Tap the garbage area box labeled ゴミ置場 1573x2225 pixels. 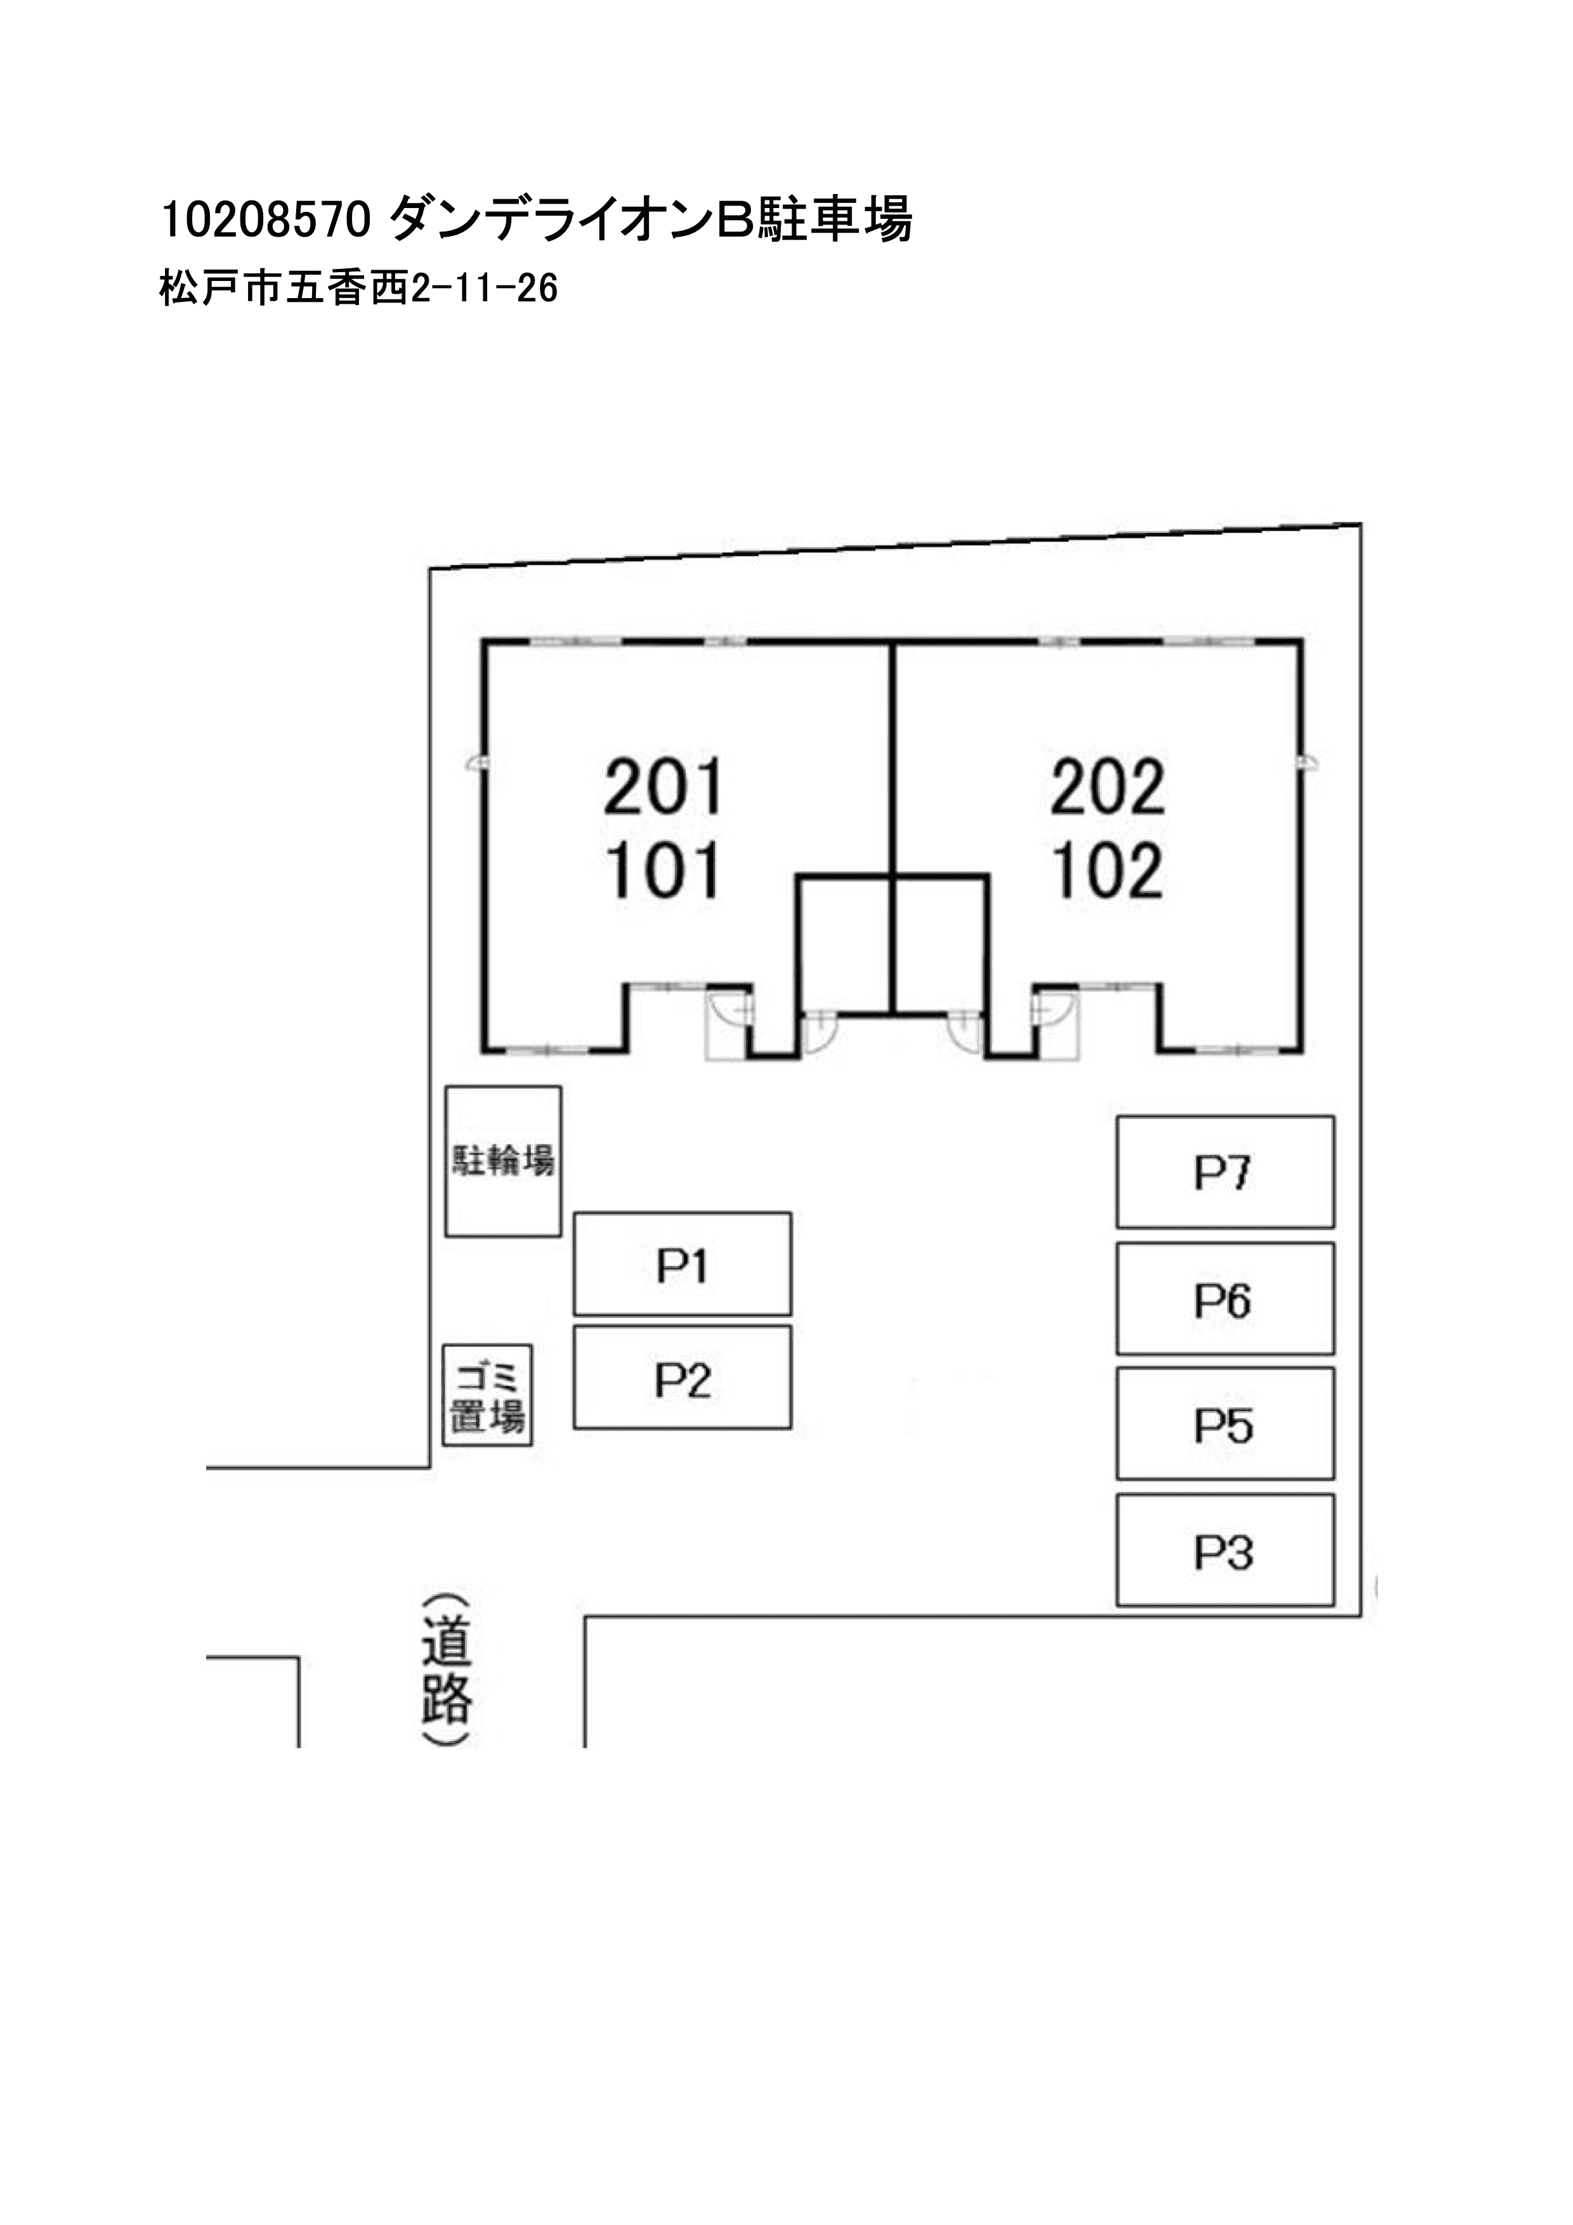click(488, 1397)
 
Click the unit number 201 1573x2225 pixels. click(664, 787)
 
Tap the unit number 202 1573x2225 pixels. click(1108, 787)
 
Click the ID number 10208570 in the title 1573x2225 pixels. click(266, 221)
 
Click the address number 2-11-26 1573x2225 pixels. click(485, 289)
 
